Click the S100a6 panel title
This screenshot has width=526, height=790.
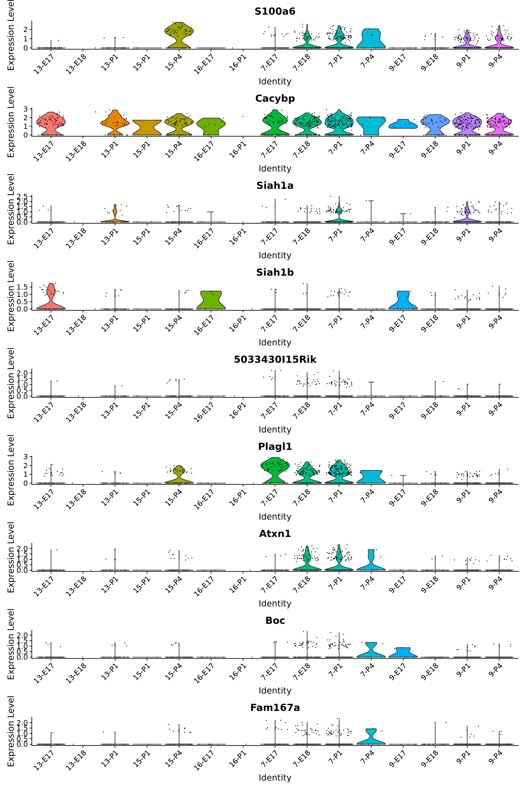[x=275, y=11]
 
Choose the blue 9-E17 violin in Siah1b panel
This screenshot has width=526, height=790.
[x=403, y=300]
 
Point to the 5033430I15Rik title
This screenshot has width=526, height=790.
[x=275, y=360]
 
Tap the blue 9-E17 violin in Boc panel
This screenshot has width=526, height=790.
[x=403, y=652]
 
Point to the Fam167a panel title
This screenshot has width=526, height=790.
[x=275, y=708]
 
